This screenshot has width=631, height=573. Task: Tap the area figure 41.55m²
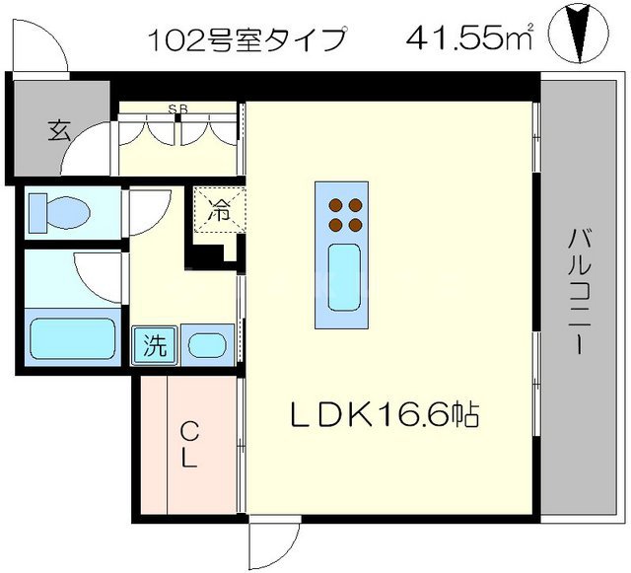point(469,39)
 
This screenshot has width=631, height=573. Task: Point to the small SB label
point(178,109)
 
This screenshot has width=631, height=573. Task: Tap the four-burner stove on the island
point(342,214)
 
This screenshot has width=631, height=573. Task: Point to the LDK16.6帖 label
point(384,415)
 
